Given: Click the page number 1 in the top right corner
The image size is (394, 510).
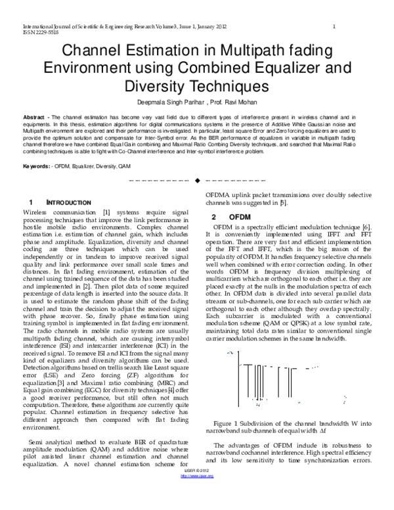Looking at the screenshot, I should (x=334, y=26).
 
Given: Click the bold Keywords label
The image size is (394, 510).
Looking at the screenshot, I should (x=35, y=167).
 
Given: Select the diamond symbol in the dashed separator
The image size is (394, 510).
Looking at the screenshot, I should (x=196, y=181).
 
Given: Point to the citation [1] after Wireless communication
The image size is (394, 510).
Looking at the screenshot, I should (x=105, y=213).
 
